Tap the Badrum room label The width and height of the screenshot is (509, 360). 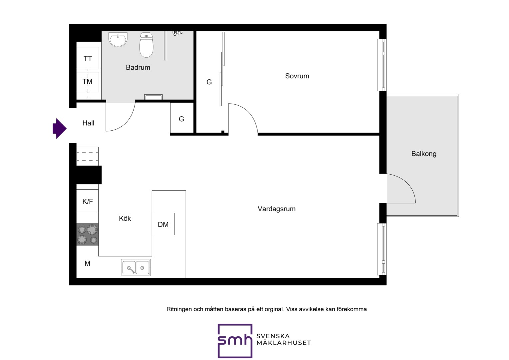pos(138,67)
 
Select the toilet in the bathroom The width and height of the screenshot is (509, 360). pos(146,45)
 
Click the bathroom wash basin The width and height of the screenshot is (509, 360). pos(118,39)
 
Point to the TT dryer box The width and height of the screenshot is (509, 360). pos(88,58)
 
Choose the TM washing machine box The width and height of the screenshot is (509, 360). pos(88,82)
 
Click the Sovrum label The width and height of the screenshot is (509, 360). pos(297,76)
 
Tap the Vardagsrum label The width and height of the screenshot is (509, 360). pos(276,209)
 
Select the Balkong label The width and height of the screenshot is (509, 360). pos(424,154)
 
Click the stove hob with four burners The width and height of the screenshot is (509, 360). pos(88,234)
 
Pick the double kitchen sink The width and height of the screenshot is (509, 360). pos(136,268)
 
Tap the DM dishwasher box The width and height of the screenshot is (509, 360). pos(163,224)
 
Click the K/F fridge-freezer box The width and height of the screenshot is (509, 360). pos(88,201)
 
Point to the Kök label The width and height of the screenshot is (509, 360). pos(125,218)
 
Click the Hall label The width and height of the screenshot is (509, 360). pos(88,123)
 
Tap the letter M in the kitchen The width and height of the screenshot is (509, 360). pos(87,263)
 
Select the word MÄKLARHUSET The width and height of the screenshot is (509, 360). pos(283,343)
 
